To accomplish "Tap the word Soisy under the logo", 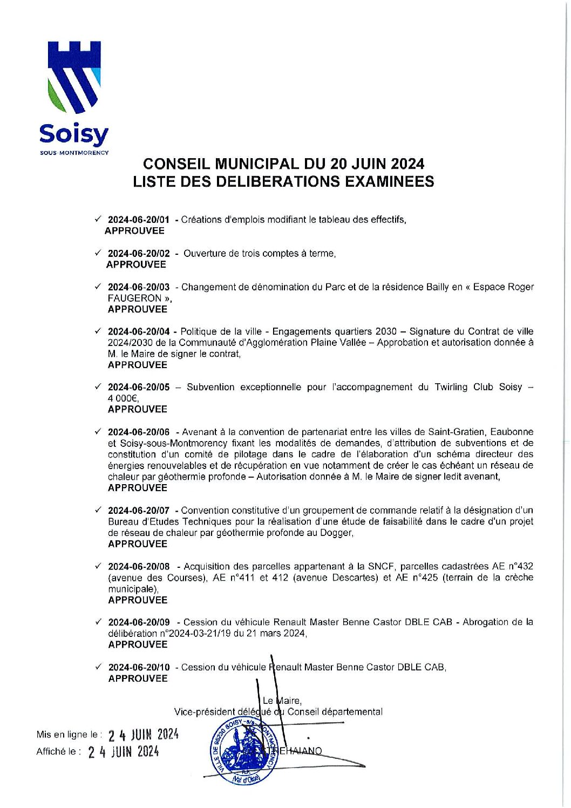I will (x=74, y=135).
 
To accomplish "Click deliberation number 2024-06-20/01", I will (x=138, y=220).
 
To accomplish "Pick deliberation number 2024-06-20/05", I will (x=138, y=387).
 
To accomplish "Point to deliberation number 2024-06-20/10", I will (x=139, y=667).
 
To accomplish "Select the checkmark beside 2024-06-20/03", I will (x=98, y=287).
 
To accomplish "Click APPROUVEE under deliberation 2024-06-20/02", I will (x=136, y=264).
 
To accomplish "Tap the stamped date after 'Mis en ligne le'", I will (x=143, y=735).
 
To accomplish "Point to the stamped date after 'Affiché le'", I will (x=124, y=752).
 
